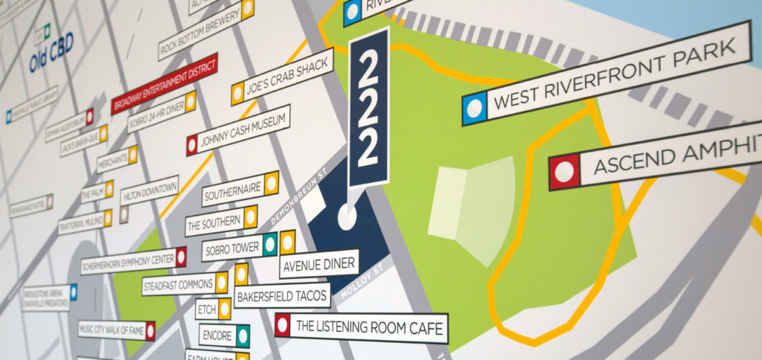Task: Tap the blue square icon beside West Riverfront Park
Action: [x=474, y=109]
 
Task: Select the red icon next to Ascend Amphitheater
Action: [x=564, y=172]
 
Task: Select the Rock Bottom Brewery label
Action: [x=200, y=32]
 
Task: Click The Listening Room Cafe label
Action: [x=369, y=327]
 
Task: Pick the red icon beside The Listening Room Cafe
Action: [x=282, y=324]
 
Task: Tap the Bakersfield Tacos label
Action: [x=282, y=296]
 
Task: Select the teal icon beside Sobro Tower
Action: [x=269, y=242]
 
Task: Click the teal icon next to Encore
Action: [x=242, y=336]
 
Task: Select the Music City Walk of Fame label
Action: [x=112, y=329]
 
